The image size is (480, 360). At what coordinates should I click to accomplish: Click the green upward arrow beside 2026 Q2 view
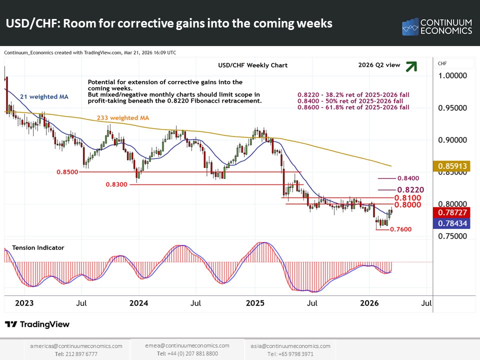point(411,66)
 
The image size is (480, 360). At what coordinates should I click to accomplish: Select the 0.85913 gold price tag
point(452,165)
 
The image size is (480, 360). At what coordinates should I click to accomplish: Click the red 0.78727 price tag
point(452,212)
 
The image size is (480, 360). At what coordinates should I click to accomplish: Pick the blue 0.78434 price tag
point(452,223)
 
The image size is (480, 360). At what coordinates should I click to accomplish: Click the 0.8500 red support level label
point(68,171)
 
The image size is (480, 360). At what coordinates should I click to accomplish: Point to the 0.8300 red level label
point(117,184)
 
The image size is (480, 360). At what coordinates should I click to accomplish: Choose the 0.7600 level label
point(400,229)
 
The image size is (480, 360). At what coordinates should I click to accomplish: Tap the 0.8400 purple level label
point(408,178)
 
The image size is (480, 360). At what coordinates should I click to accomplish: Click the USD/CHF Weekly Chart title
point(252,65)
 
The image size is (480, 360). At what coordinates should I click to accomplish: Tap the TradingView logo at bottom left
point(37,324)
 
